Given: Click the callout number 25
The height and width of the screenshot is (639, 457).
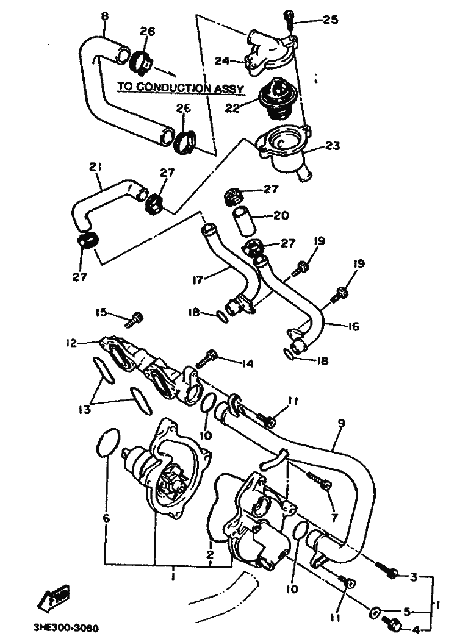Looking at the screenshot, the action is click(x=331, y=19).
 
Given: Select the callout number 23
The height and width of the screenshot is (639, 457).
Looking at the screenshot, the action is click(x=333, y=146).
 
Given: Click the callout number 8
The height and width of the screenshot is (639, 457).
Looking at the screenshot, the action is click(x=105, y=16).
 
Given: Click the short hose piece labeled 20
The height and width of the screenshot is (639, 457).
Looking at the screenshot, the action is click(x=243, y=223).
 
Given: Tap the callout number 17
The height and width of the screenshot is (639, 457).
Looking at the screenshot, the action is click(x=198, y=280).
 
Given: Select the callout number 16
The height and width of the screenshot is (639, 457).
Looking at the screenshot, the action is click(x=353, y=326).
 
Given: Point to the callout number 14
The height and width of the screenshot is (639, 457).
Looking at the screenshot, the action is click(x=247, y=363).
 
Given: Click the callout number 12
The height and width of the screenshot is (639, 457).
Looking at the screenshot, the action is click(x=71, y=343).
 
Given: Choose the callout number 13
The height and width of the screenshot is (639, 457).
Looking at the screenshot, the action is click(x=84, y=409).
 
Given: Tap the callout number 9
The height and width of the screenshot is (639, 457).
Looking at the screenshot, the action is click(x=341, y=423).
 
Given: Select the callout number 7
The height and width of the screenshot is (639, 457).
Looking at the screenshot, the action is click(x=334, y=518).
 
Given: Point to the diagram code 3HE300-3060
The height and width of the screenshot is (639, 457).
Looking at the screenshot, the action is click(x=66, y=628).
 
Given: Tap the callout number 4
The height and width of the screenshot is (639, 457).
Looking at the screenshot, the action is click(x=416, y=630).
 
